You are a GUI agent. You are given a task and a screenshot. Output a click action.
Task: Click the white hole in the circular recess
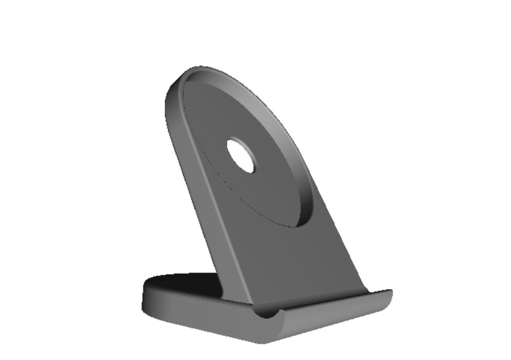click(x=241, y=155)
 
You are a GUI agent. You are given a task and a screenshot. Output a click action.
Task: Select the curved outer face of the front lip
click(x=336, y=318)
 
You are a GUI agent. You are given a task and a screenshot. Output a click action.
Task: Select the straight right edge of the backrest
click(x=336, y=240)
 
